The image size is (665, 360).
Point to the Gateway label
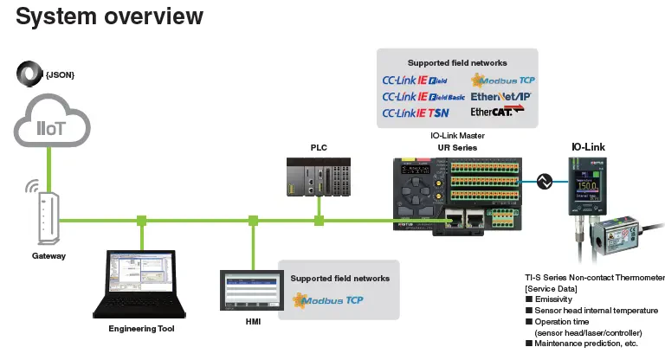point(48,256)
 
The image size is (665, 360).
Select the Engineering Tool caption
point(141,329)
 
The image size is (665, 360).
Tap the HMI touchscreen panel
point(251,292)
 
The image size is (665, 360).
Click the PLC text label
point(320,148)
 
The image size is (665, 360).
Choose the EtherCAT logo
point(497,112)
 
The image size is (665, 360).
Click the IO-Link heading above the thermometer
point(589,147)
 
